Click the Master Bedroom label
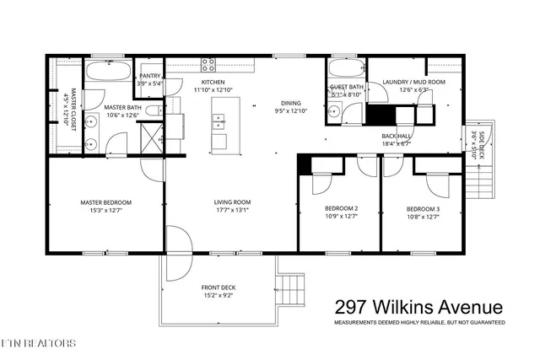pos(105,202)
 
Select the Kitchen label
pos(213,82)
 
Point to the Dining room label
pos(291,104)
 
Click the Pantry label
pos(151,76)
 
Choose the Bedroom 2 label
pos(341,208)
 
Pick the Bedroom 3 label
pos(423,208)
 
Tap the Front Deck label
pos(218,287)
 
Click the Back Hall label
pos(395,136)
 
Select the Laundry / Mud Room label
pos(413,82)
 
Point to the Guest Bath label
pos(347,87)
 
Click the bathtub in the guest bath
pos(345,69)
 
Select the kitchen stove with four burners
pos(208,64)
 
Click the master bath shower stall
pos(153,137)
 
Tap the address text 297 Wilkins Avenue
pos(418,307)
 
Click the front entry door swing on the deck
pos(178,257)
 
